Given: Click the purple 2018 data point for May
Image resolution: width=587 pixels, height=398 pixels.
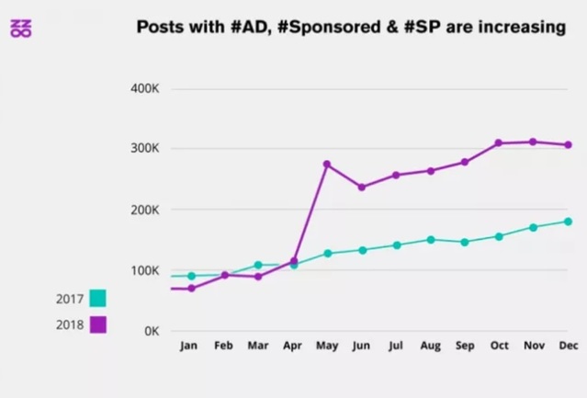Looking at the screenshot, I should point(326,164).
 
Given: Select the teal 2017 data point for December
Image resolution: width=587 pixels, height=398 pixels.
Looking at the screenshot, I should point(568,221).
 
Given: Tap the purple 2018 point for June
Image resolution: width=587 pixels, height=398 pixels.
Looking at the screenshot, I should point(361,187).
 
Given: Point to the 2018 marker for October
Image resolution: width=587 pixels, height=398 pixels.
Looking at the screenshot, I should point(499,142).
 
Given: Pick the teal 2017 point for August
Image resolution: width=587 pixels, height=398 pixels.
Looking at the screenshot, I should point(430,239).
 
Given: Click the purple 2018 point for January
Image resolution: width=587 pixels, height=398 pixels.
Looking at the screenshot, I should point(191,288).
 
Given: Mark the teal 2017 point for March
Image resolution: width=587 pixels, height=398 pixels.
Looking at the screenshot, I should point(258,265).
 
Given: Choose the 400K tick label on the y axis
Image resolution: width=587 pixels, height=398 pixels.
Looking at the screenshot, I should point(146,88).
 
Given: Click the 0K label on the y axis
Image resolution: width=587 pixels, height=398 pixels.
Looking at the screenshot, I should point(152,331).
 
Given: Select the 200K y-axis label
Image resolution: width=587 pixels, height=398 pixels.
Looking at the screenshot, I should point(146,209).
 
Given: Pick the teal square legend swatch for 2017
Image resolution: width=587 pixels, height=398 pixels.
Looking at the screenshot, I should point(97,298).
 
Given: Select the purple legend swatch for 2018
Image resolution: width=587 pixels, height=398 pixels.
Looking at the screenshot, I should point(97,324).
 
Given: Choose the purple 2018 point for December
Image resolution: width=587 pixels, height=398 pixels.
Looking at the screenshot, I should point(568,144).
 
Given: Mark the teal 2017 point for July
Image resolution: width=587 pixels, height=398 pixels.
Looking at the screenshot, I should point(396,244).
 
